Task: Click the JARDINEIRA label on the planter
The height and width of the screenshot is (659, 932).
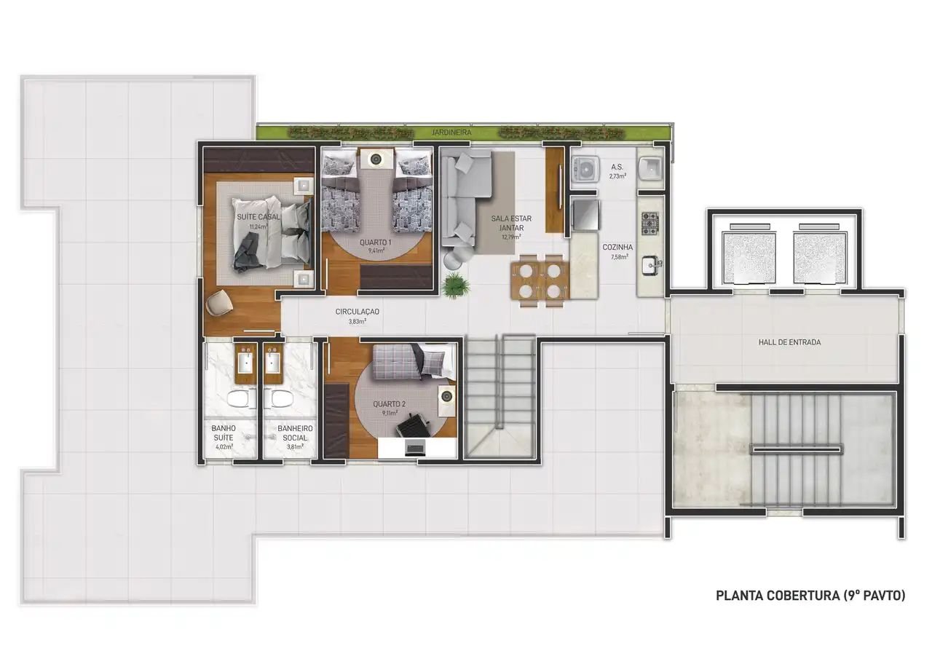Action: point(451,133)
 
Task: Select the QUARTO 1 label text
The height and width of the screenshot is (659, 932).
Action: point(376,242)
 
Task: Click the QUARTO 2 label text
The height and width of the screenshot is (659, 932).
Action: point(390,403)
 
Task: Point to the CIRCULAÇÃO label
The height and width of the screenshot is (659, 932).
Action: point(357,312)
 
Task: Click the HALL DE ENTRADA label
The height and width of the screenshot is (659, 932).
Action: point(789,342)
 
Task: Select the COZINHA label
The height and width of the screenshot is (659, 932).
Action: point(617,247)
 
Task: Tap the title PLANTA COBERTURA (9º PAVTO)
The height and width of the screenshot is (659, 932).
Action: point(810,596)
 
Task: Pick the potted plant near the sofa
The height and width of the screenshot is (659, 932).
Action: point(456,284)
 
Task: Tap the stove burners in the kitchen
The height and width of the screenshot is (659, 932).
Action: point(649,220)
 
